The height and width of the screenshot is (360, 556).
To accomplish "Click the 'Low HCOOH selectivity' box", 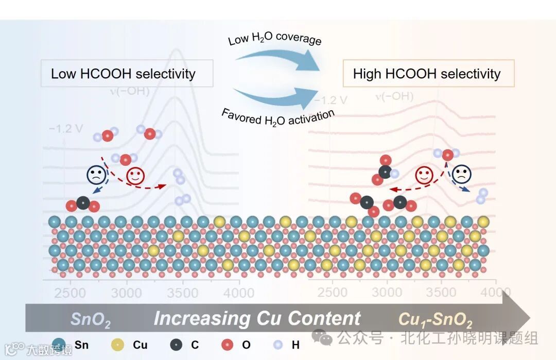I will (x=126, y=73).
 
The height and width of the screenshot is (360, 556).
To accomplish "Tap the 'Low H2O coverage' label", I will (x=275, y=38).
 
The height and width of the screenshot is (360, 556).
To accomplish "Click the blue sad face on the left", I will (x=96, y=175).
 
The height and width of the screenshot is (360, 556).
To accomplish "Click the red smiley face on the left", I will (x=135, y=175).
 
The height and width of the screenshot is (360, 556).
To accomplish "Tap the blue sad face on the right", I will (x=462, y=175).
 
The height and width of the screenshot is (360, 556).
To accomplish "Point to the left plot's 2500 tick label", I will (x=70, y=293).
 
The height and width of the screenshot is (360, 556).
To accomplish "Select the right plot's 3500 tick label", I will (x=441, y=292).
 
